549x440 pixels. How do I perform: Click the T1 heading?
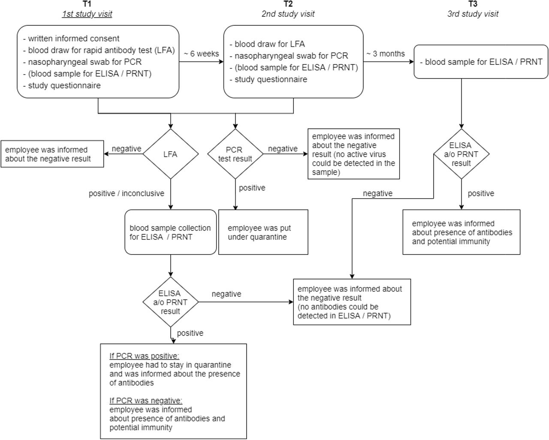pyautogui.click(x=87, y=4)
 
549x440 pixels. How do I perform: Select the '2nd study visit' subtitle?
pyautogui.click(x=288, y=14)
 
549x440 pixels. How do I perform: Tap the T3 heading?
pyautogui.click(x=473, y=4)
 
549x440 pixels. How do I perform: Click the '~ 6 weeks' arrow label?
pyautogui.click(x=201, y=54)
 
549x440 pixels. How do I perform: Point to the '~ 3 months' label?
pyautogui.click(x=386, y=54)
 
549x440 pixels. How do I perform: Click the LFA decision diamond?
pyautogui.click(x=171, y=154)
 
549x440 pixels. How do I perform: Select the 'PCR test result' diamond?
pyautogui.click(x=235, y=154)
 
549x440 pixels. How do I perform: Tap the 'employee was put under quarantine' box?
pyautogui.click(x=263, y=232)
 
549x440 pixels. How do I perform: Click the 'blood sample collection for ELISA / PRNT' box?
pyautogui.click(x=171, y=232)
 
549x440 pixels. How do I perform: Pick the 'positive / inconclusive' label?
pyautogui.click(x=127, y=193)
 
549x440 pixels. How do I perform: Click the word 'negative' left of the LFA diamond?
pyautogui.click(x=127, y=149)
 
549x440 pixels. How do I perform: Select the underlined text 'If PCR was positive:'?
pyautogui.click(x=145, y=356)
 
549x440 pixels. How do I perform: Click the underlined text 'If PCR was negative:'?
pyautogui.click(x=146, y=401)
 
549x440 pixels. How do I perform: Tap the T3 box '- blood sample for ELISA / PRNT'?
pyautogui.click(x=481, y=62)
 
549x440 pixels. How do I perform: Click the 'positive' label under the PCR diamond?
pyautogui.click(x=252, y=188)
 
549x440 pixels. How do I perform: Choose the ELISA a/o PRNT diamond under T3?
pyautogui.click(x=462, y=154)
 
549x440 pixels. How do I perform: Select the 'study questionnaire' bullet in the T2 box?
pyautogui.click(x=268, y=79)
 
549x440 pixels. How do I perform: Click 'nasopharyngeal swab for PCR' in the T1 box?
pyautogui.click(x=82, y=62)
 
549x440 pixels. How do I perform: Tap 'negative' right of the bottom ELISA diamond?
pyautogui.click(x=226, y=294)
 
